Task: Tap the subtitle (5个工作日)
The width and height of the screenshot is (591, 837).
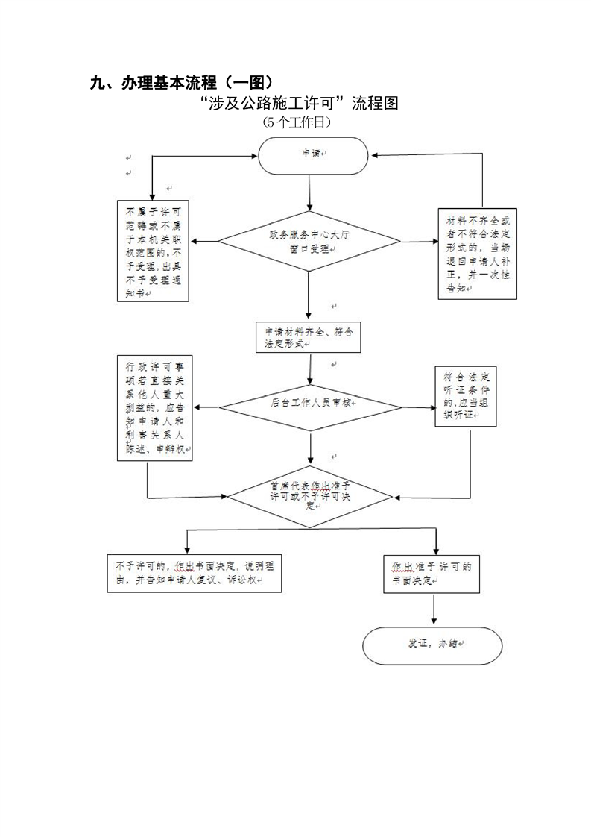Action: (297, 121)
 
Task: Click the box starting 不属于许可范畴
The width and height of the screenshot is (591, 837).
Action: (153, 251)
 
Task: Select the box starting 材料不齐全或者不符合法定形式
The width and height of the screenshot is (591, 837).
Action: (477, 254)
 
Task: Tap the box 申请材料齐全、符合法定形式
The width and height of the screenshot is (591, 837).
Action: (308, 337)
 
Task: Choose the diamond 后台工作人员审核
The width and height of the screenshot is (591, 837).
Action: (310, 407)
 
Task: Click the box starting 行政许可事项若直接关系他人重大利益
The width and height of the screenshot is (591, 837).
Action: (155, 408)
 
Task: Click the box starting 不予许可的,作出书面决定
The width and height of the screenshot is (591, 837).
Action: (195, 573)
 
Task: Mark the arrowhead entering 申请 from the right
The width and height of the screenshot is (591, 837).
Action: (376, 156)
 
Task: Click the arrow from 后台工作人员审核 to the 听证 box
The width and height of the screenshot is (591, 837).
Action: (420, 407)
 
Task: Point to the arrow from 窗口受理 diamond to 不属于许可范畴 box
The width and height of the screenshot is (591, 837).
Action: (205, 242)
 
